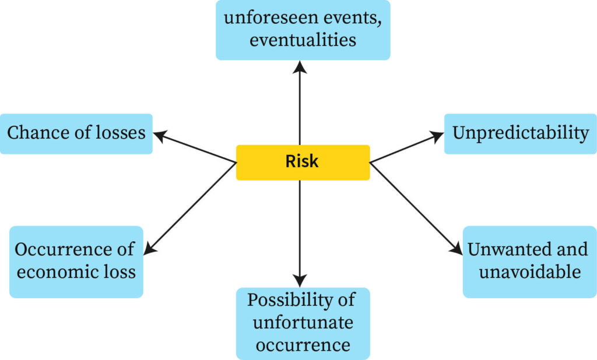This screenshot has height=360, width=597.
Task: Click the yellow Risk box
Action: coord(303,162)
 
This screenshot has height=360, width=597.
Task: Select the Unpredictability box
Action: coord(521,133)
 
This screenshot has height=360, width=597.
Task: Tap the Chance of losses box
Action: coord(76,133)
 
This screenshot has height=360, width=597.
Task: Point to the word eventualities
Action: coord(303,40)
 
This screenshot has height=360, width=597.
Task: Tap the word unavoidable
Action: coord(530,271)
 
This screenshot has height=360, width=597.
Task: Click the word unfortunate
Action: coord(303,322)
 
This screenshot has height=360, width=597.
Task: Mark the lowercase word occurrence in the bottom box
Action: coord(303,344)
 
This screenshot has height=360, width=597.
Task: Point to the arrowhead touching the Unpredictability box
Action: coord(438,135)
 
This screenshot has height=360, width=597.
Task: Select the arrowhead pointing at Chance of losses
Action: coord(159,135)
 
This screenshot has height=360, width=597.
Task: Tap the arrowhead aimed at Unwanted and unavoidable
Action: coord(458,249)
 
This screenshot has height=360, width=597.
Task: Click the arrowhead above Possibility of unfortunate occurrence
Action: coord(300,281)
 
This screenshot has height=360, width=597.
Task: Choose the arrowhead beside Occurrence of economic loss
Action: coord(148,249)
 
